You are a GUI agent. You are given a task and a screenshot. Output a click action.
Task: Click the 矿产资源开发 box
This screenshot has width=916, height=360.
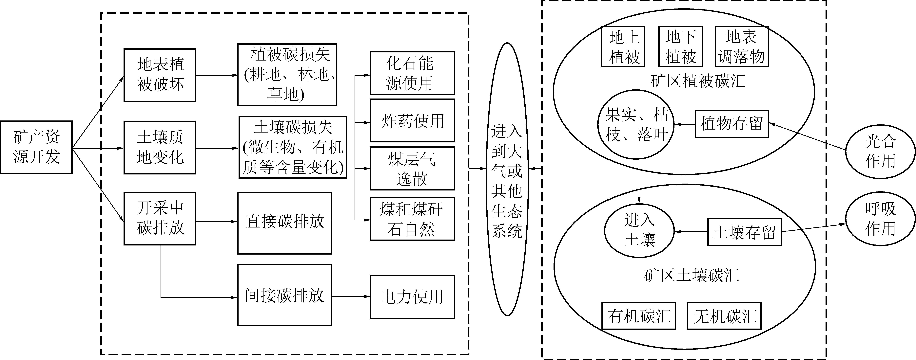click(x=36, y=147)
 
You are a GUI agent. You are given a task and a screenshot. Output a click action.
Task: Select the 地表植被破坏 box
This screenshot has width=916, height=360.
click(x=160, y=75)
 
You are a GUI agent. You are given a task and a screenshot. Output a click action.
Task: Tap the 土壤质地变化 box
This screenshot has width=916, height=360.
click(x=160, y=148)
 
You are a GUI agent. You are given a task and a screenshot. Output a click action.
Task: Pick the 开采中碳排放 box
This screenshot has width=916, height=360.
click(x=160, y=219)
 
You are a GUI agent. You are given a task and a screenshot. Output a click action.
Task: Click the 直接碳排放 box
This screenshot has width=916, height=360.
click(x=284, y=223)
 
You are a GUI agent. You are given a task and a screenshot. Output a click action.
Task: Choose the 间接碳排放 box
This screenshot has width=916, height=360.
click(x=284, y=295)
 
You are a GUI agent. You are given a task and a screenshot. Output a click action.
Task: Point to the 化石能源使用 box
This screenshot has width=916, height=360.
click(x=412, y=73)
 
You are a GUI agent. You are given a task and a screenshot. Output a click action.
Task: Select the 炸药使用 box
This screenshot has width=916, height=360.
click(x=412, y=121)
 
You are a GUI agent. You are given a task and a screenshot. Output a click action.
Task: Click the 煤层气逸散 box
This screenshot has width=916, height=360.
click(x=412, y=169)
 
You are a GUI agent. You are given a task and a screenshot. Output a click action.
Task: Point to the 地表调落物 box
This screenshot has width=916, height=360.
click(x=742, y=46)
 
